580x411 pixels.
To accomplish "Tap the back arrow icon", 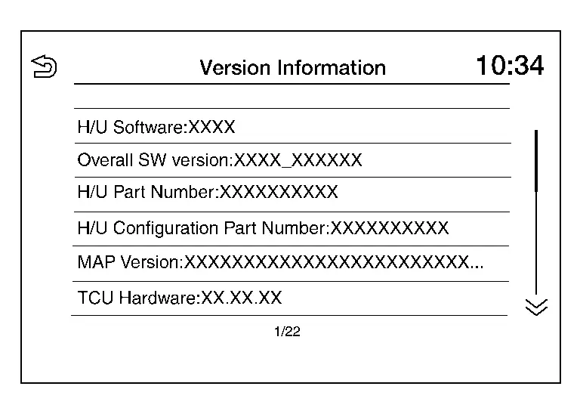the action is pyautogui.click(x=44, y=66).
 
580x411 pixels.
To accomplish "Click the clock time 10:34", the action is pyautogui.click(x=510, y=66).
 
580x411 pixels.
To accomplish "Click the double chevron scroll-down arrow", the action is pyautogui.click(x=536, y=307).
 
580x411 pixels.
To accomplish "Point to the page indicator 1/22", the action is pyautogui.click(x=287, y=332).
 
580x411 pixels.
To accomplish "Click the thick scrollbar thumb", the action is pyautogui.click(x=536, y=161).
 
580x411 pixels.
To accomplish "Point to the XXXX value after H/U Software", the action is pyautogui.click(x=211, y=127).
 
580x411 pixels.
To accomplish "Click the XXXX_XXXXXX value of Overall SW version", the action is pyautogui.click(x=298, y=161).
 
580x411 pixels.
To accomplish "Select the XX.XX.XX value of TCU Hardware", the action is pyautogui.click(x=242, y=298).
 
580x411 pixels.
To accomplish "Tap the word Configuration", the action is pyautogui.click(x=165, y=229).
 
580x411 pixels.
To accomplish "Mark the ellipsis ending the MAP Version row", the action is pyautogui.click(x=477, y=267).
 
